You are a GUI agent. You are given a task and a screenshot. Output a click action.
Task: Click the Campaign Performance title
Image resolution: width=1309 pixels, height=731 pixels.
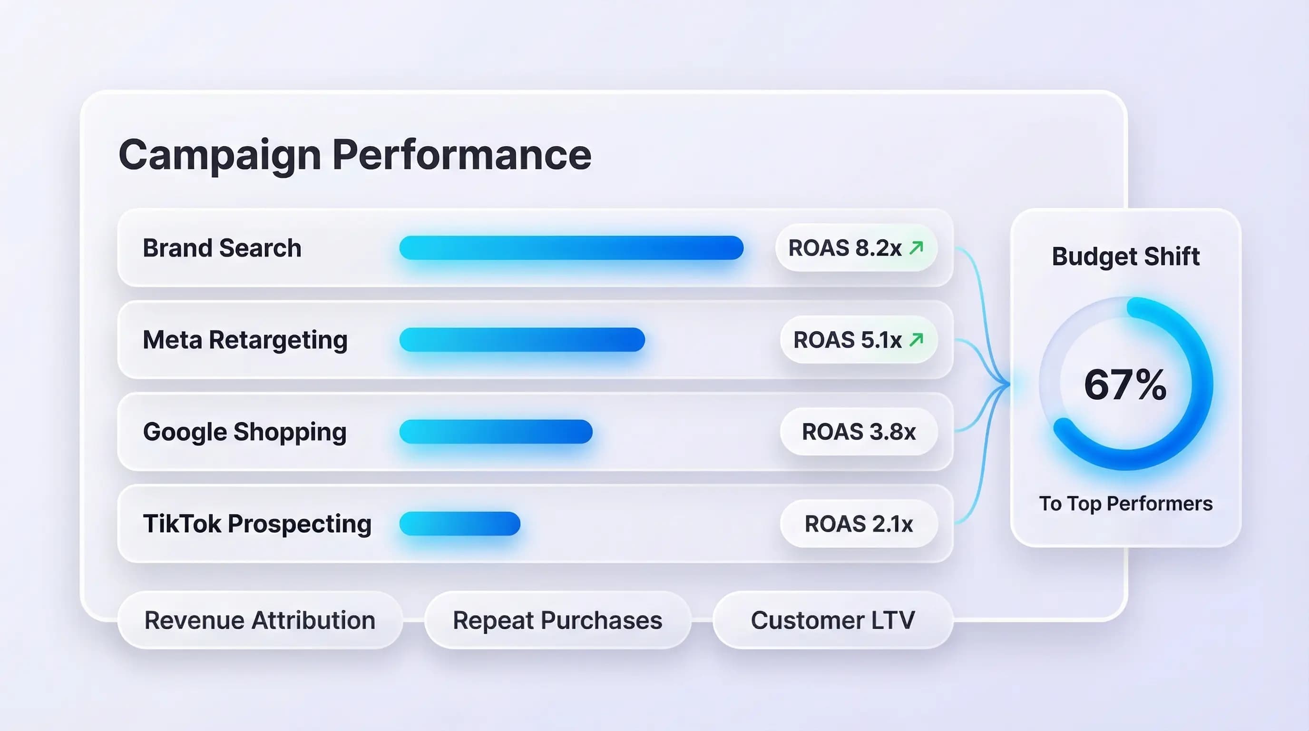(x=355, y=155)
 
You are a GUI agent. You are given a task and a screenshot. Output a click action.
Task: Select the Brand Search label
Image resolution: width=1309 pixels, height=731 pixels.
(x=222, y=248)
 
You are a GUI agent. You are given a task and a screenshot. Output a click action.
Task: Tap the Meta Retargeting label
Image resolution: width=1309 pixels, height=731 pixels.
(x=245, y=340)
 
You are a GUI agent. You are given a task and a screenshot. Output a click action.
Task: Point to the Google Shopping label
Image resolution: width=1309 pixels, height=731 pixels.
(x=244, y=432)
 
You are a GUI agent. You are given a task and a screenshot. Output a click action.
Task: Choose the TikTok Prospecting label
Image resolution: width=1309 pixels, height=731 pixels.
(x=257, y=524)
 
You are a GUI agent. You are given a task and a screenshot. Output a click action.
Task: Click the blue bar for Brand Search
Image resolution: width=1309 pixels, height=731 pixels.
(x=571, y=248)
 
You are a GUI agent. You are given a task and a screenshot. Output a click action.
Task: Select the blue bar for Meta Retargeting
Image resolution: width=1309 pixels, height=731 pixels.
(x=522, y=340)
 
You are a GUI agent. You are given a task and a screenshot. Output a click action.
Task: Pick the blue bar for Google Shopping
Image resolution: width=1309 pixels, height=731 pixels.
(x=496, y=432)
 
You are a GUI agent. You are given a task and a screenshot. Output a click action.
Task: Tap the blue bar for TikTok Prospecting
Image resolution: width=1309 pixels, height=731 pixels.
(x=459, y=524)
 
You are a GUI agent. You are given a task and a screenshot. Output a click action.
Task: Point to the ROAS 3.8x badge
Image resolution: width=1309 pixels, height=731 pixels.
(x=859, y=432)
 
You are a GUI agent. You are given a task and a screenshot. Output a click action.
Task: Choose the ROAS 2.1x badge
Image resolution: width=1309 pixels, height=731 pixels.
(x=859, y=524)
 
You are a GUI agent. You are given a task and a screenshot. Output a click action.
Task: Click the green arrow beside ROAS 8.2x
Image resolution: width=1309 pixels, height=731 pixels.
(x=916, y=247)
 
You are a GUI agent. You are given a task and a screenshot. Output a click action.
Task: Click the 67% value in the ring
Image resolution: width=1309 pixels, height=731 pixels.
(x=1125, y=385)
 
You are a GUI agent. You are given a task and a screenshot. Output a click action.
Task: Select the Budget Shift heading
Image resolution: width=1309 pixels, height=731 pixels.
(x=1125, y=256)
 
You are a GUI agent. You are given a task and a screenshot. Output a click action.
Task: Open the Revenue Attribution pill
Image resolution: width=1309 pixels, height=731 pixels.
(x=260, y=620)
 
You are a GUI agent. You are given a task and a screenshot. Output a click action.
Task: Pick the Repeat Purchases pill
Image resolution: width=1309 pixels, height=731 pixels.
(x=557, y=620)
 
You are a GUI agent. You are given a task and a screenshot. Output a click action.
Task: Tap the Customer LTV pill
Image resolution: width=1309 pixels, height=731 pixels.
(x=833, y=620)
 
